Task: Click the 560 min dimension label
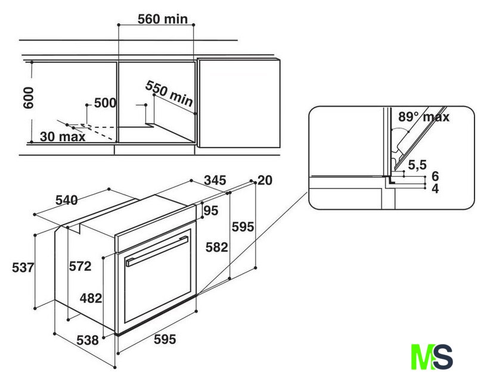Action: [163, 19]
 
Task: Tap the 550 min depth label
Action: [169, 93]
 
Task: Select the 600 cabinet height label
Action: [29, 98]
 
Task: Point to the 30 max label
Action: [63, 136]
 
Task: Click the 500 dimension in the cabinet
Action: [105, 103]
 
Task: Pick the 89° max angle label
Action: [424, 117]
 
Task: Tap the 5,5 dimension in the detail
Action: [417, 165]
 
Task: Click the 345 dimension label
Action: [215, 180]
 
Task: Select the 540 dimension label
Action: [67, 200]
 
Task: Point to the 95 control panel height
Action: [211, 211]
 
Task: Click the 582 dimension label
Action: [217, 247]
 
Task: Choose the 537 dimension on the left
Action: [23, 267]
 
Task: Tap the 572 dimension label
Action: [80, 266]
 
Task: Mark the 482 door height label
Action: [91, 298]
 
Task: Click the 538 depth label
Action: [88, 341]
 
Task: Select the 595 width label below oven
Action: [165, 339]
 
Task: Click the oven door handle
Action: [157, 251]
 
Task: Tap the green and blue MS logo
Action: [432, 357]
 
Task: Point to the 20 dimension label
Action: [265, 180]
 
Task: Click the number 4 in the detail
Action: [435, 189]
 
